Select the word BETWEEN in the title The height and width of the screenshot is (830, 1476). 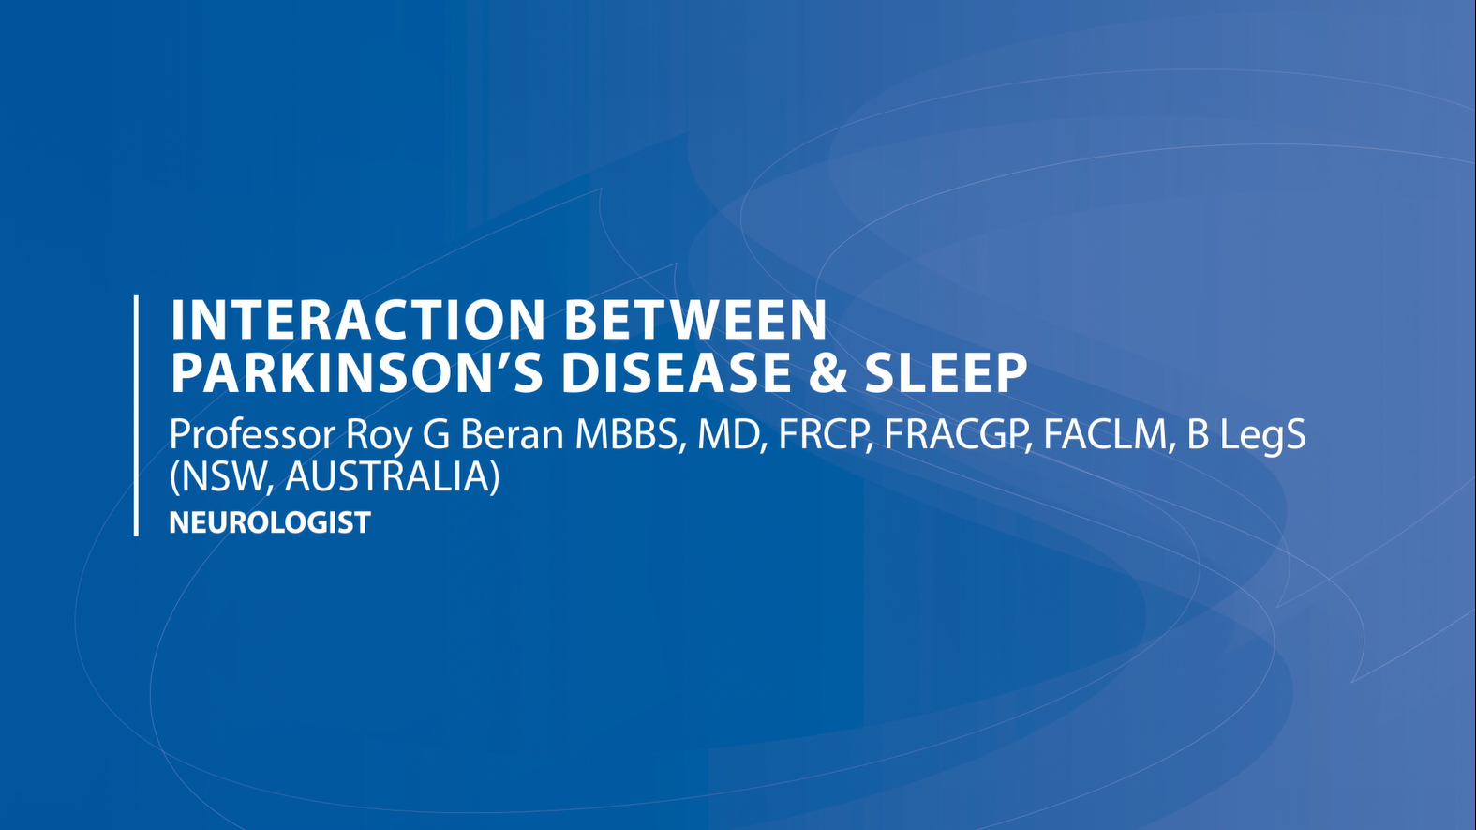coord(695,320)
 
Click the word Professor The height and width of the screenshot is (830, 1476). coord(253,435)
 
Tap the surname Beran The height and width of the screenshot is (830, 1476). coord(512,435)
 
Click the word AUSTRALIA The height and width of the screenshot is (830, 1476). coord(393,476)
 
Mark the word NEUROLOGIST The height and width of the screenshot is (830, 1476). coord(270,522)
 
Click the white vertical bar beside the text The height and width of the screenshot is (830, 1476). coord(137,415)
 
